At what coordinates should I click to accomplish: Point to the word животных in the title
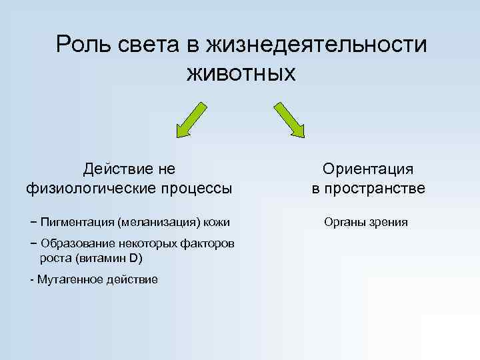[x=241, y=73]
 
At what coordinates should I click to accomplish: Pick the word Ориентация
[x=368, y=169]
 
